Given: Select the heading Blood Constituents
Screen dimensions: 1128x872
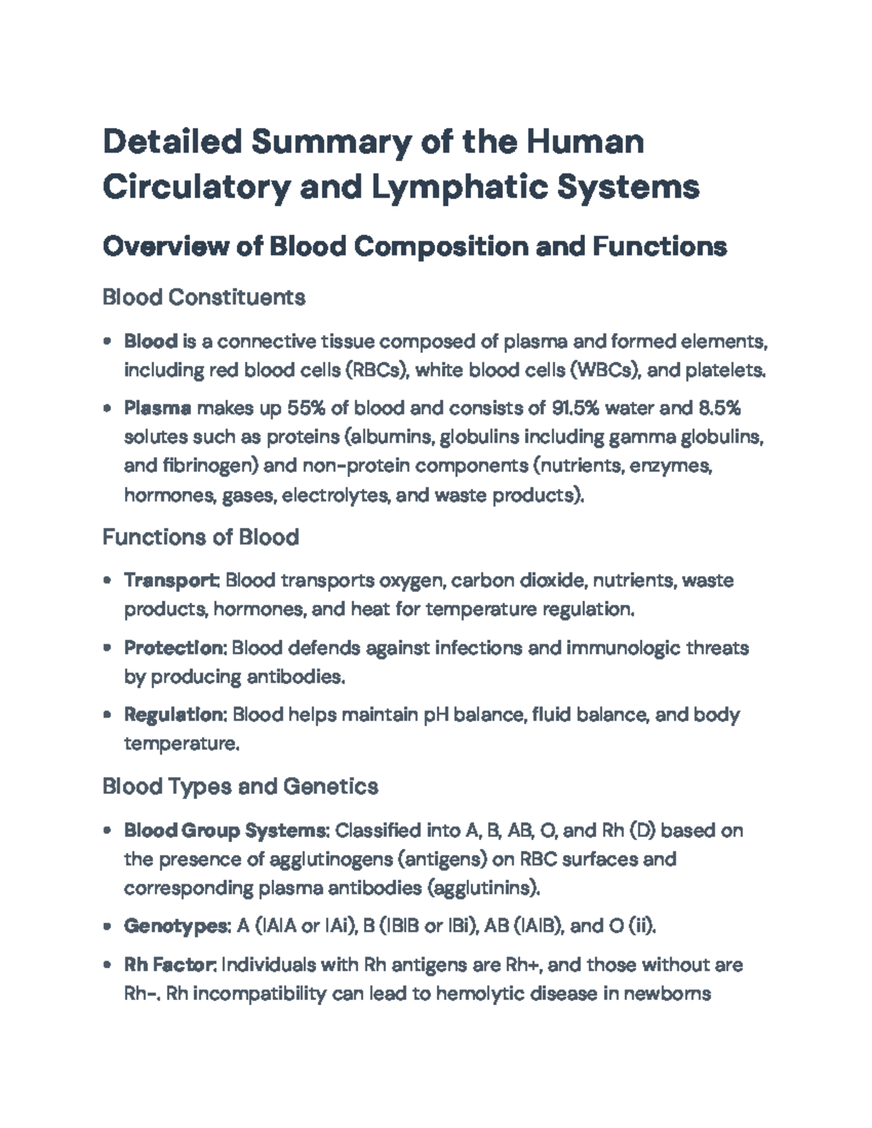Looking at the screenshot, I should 203,297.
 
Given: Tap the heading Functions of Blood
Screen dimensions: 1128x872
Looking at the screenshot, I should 201,537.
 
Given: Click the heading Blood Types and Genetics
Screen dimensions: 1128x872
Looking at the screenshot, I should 240,786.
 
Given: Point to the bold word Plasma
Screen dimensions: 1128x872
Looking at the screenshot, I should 158,408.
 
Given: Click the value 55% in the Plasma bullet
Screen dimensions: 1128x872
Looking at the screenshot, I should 307,408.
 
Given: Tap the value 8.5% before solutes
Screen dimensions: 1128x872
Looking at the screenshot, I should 719,408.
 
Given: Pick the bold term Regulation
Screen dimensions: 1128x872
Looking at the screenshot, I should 176,715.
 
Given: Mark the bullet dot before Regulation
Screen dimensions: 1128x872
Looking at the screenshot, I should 108,715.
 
